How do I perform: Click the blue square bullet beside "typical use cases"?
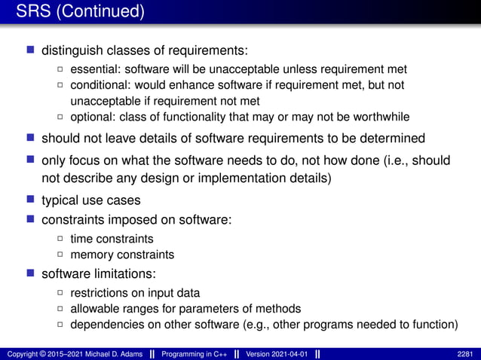[31, 200]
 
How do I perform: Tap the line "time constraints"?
[112, 239]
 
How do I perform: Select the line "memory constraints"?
[122, 255]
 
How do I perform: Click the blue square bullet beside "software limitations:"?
[31, 273]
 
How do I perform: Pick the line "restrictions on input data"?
[135, 293]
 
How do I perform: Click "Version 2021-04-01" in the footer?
[277, 353]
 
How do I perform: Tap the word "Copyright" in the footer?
[21, 353]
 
